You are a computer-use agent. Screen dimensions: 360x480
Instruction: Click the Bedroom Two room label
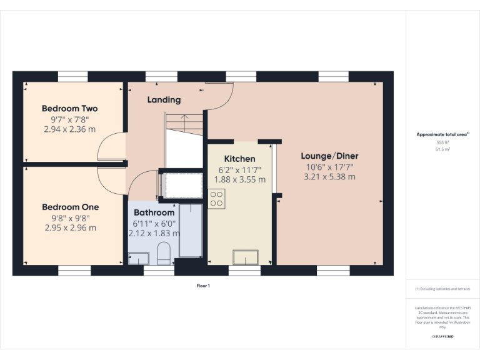pos(70,108)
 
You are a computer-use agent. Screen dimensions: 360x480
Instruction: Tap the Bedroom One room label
pos(70,207)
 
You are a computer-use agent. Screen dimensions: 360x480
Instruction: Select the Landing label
pos(164,99)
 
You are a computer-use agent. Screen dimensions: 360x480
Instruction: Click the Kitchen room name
pos(240,159)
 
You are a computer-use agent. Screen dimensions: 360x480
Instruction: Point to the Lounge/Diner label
pos(329,156)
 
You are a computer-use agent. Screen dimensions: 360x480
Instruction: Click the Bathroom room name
pos(154,212)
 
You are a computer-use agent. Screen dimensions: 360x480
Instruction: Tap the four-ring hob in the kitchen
pos(217,199)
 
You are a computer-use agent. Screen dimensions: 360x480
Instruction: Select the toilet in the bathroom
pos(165,252)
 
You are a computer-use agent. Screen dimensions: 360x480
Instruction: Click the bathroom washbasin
pos(139,257)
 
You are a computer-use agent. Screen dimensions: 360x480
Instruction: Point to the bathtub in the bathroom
pos(191,230)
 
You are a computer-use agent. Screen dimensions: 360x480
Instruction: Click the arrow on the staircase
pos(184,117)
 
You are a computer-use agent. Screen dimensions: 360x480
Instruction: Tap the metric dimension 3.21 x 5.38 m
pos(329,177)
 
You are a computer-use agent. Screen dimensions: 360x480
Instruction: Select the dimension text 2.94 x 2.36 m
pos(70,129)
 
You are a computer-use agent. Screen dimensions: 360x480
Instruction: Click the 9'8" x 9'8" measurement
pos(70,218)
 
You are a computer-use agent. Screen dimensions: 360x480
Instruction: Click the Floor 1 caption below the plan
pos(203,286)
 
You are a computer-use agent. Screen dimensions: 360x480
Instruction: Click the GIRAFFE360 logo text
pos(443,337)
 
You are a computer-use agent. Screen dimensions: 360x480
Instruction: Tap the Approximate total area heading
pos(442,134)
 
